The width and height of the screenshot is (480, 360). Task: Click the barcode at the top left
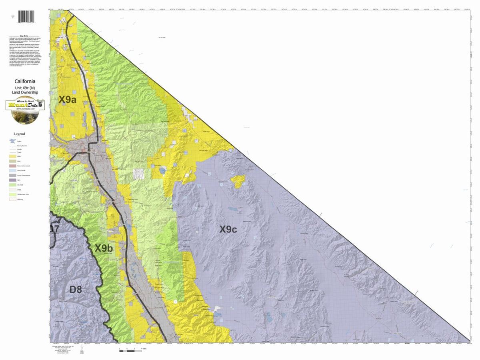[26, 18]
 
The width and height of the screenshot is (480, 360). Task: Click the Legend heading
[19, 134]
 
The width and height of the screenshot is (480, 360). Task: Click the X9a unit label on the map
[68, 100]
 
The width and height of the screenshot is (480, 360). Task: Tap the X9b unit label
[104, 248]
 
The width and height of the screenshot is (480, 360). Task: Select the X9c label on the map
[228, 229]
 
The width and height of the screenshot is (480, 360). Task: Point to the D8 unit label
[76, 289]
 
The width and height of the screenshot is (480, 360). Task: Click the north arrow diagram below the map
[82, 350]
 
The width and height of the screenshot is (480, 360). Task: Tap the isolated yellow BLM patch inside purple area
[238, 181]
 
